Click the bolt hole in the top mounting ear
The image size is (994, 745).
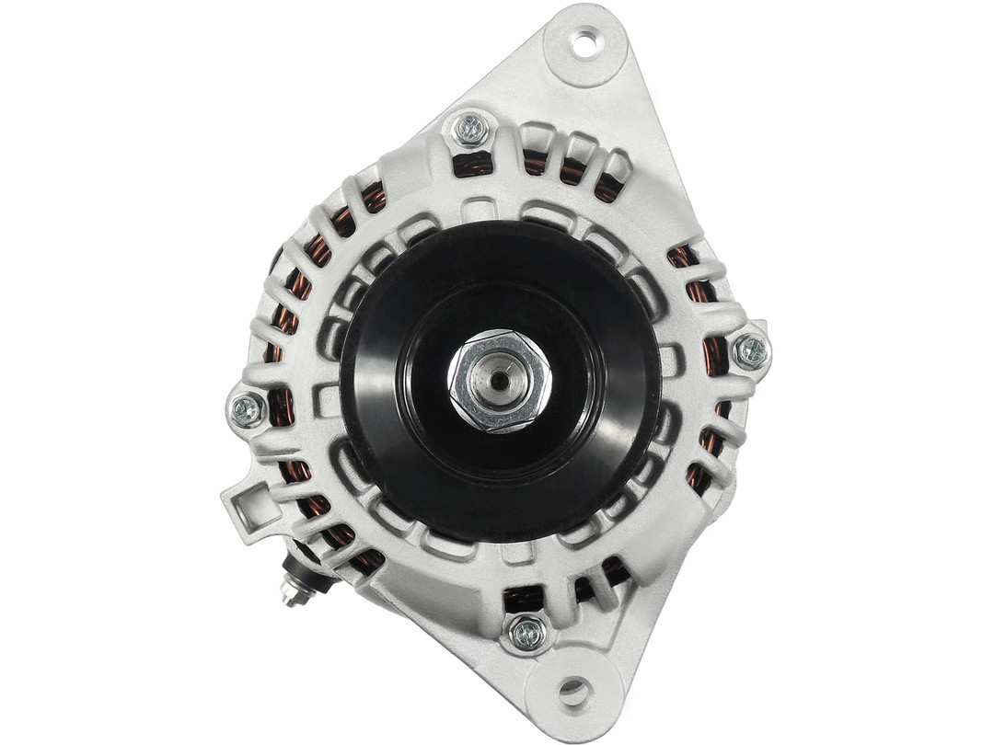pyautogui.click(x=584, y=41)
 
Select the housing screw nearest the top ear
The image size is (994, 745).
pyautogui.click(x=471, y=129)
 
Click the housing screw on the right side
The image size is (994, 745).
pyautogui.click(x=751, y=350)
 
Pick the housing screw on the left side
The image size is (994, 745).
pyautogui.click(x=247, y=409)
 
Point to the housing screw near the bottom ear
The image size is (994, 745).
pyautogui.click(x=527, y=631)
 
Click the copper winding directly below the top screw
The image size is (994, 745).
pyautogui.click(x=473, y=165)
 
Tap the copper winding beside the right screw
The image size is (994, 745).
pyautogui.click(x=716, y=354)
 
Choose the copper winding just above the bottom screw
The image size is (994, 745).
pyautogui.click(x=523, y=599)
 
